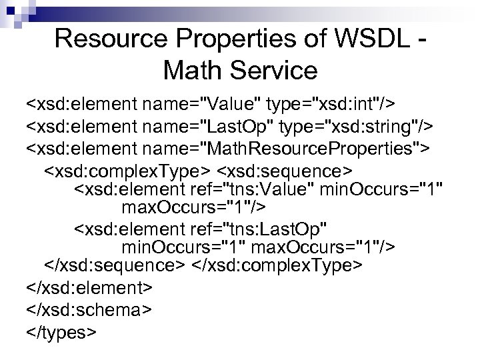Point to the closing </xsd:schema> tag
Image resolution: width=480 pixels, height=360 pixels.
coord(89,309)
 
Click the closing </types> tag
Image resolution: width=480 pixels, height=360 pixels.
coord(62,331)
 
